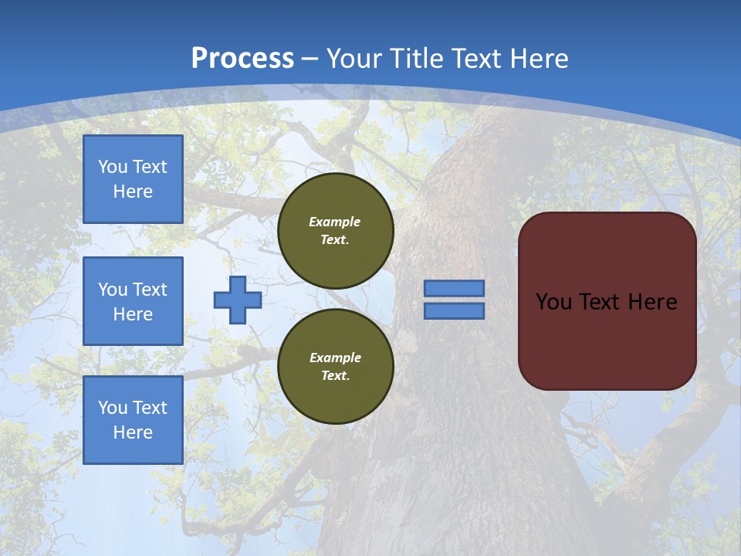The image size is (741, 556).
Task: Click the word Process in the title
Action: click(x=242, y=58)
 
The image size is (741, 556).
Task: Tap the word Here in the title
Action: click(x=538, y=59)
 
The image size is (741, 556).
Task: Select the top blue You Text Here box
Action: click(x=133, y=179)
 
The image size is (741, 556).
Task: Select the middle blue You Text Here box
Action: click(x=133, y=301)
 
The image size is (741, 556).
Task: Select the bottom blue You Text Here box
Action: click(x=133, y=420)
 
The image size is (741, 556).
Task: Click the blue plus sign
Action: click(x=238, y=300)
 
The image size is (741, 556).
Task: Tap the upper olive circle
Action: click(x=336, y=231)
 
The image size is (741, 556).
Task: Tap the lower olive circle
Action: click(x=336, y=367)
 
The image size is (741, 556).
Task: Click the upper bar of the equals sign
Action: click(x=455, y=288)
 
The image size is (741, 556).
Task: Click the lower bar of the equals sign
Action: click(x=455, y=311)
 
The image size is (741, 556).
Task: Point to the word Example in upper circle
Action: click(x=335, y=222)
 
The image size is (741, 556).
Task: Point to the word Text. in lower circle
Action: click(x=335, y=376)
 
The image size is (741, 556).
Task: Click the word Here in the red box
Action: click(x=652, y=302)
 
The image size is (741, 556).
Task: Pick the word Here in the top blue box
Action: click(x=133, y=192)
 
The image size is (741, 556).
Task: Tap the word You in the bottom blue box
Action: click(x=113, y=408)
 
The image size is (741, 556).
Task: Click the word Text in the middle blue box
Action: click(x=150, y=290)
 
